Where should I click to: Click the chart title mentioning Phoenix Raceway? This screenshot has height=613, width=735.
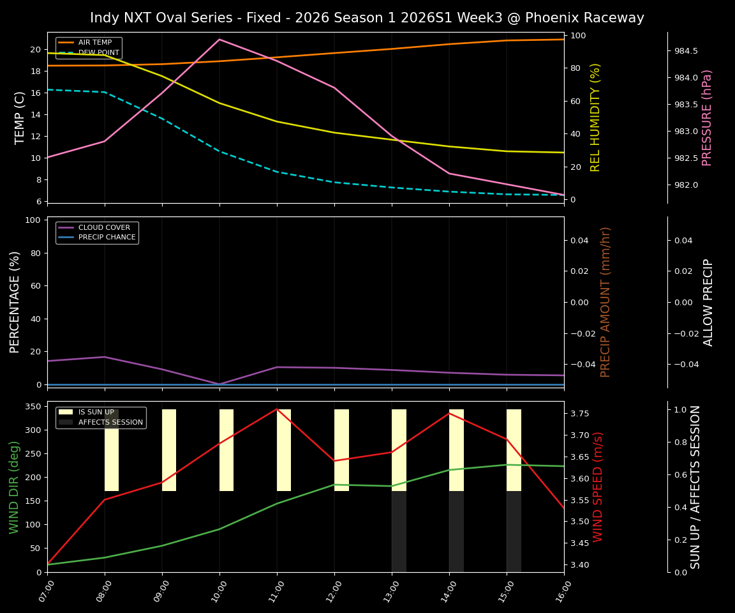click(367, 18)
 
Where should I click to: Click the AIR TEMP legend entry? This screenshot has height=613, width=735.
click(94, 43)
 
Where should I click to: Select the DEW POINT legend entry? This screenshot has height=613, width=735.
click(98, 52)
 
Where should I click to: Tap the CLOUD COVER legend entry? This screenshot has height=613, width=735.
click(103, 227)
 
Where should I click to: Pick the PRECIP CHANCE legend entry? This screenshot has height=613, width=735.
click(107, 238)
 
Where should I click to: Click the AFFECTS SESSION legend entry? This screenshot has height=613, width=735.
click(110, 422)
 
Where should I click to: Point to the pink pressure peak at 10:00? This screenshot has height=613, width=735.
click(219, 40)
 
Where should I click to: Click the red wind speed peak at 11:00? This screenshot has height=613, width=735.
click(277, 409)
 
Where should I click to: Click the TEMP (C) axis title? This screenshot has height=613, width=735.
click(20, 117)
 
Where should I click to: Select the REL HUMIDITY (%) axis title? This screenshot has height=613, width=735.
click(595, 117)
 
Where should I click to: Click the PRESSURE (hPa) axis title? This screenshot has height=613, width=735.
click(706, 117)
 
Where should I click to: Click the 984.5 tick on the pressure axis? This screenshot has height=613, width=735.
click(687, 51)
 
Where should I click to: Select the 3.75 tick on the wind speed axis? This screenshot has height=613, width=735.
click(579, 414)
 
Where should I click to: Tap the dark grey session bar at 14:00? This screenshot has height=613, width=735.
click(456, 531)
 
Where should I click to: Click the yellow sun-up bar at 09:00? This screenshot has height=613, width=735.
click(169, 450)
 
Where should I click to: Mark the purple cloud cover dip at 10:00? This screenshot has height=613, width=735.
click(219, 384)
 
